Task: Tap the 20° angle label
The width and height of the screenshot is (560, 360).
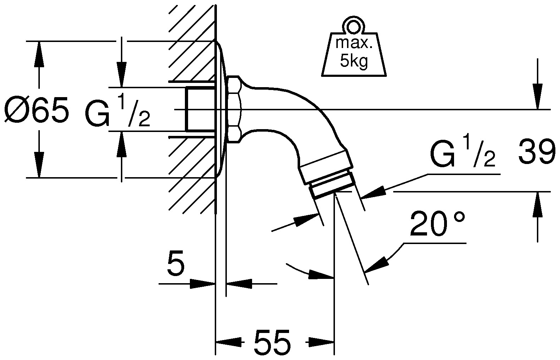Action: [x=437, y=224]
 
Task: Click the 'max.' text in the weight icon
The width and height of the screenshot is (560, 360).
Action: [x=354, y=43]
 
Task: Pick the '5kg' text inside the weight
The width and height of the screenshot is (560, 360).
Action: [x=354, y=61]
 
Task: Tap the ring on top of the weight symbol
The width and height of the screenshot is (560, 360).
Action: [x=353, y=27]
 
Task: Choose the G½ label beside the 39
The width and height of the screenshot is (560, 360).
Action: [x=463, y=152]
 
